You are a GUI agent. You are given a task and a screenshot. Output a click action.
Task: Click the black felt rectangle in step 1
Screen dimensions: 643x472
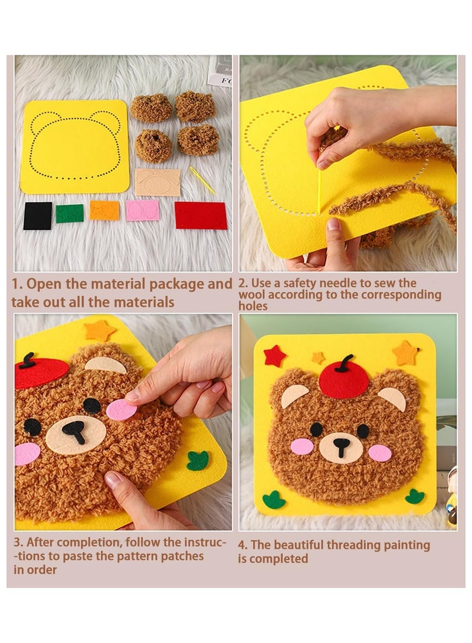38,215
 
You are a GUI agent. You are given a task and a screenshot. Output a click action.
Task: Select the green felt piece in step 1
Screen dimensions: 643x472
70,213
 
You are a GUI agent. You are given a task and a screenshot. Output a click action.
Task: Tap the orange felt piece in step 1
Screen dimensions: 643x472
104,211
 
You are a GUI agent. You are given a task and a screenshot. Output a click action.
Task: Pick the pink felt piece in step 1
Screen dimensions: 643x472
142,210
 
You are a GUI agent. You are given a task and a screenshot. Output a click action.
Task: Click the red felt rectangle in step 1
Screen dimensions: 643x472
201,215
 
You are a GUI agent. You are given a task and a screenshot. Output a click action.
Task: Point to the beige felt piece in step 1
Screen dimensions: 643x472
158,182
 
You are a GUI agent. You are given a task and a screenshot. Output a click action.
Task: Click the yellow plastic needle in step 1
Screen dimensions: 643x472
202,181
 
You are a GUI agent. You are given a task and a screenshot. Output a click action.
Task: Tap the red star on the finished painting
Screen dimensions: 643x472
274,356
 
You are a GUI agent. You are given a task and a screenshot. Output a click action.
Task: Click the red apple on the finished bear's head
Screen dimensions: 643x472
344,380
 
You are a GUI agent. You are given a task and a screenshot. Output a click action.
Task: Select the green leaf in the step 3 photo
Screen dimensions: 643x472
198,460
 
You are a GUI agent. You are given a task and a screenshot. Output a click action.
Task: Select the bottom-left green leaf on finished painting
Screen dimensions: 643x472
274,500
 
